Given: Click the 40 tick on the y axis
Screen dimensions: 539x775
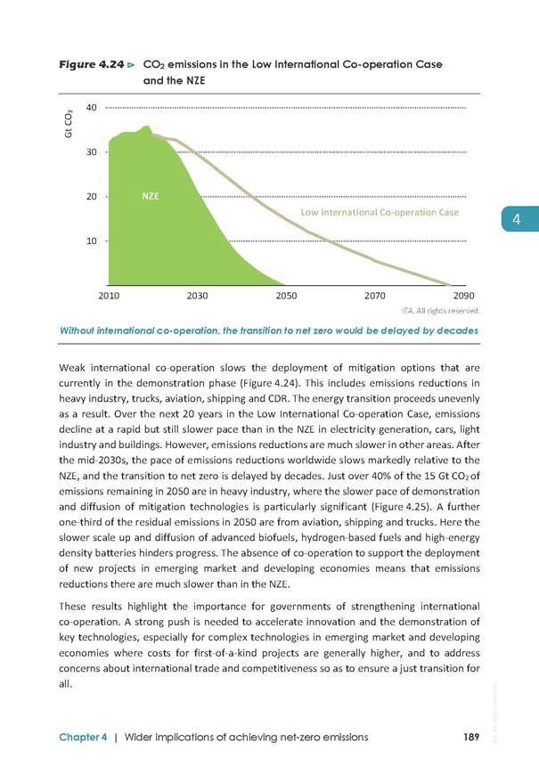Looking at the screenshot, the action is point(92,108).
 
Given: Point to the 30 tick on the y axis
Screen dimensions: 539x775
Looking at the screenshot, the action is point(92,152).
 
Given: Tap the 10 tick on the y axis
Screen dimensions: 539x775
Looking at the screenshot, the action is point(92,241).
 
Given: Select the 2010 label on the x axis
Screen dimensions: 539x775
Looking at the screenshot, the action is point(109,296).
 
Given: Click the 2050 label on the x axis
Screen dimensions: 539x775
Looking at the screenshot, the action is point(286,296).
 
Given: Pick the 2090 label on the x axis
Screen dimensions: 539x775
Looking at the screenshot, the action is point(464,296).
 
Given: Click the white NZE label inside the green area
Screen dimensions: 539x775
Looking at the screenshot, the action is point(151,196).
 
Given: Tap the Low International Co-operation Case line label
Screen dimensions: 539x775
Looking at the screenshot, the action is point(380,213).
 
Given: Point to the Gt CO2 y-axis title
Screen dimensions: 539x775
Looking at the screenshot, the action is point(69,124).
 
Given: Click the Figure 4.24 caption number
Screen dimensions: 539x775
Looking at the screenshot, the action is point(92,65).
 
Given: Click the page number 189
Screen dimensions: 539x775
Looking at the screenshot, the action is point(472,737).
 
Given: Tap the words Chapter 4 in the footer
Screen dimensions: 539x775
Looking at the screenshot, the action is point(83,738).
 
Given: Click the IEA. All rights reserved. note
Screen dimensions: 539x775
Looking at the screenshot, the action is point(441,311).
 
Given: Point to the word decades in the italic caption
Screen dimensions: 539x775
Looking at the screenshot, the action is point(459,330).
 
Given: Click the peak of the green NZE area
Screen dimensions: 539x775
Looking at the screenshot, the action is point(147,126).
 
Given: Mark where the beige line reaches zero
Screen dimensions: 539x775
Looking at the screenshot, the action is point(451,285).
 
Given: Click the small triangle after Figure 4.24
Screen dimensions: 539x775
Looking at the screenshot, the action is point(131,65).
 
